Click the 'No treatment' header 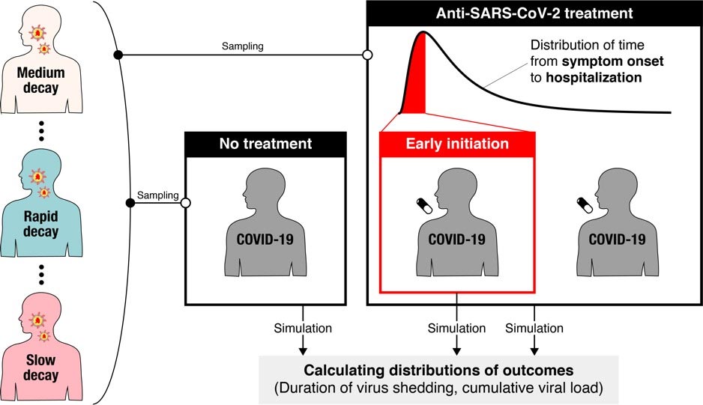[265, 143]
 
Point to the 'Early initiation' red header [456, 143]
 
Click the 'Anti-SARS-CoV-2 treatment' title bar [534, 13]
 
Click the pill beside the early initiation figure [424, 206]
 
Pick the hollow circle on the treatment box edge [367, 55]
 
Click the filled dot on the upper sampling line [118, 55]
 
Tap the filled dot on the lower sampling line [130, 202]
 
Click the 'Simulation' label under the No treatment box [303, 328]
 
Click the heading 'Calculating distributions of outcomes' [438, 370]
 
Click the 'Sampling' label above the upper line [242, 46]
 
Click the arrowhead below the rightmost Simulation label [534, 349]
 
